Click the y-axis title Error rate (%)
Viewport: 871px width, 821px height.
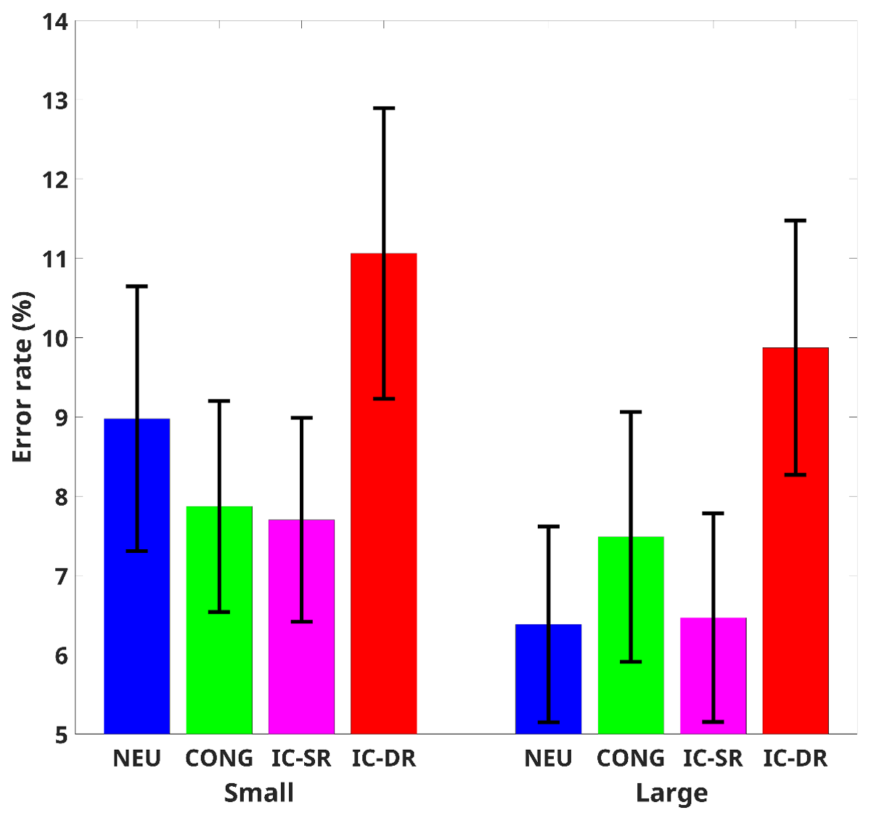pyautogui.click(x=23, y=377)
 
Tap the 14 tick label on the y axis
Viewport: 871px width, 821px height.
pyautogui.click(x=55, y=23)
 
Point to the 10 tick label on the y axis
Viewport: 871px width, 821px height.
pyautogui.click(x=55, y=338)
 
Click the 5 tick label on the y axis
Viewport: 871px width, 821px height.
pyautogui.click(x=61, y=735)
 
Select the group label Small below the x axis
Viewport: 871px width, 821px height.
pyautogui.click(x=259, y=793)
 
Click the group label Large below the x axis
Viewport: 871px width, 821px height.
pyautogui.click(x=671, y=793)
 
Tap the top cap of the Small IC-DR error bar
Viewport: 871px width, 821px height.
pyautogui.click(x=384, y=108)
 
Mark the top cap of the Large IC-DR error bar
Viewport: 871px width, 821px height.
pyautogui.click(x=796, y=220)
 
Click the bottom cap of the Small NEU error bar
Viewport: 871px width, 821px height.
pyautogui.click(x=136, y=551)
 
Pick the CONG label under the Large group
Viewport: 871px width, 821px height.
pyautogui.click(x=631, y=759)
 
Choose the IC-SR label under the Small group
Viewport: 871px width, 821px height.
pyautogui.click(x=301, y=759)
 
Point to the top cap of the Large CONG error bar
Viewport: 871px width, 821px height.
pyautogui.click(x=631, y=412)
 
